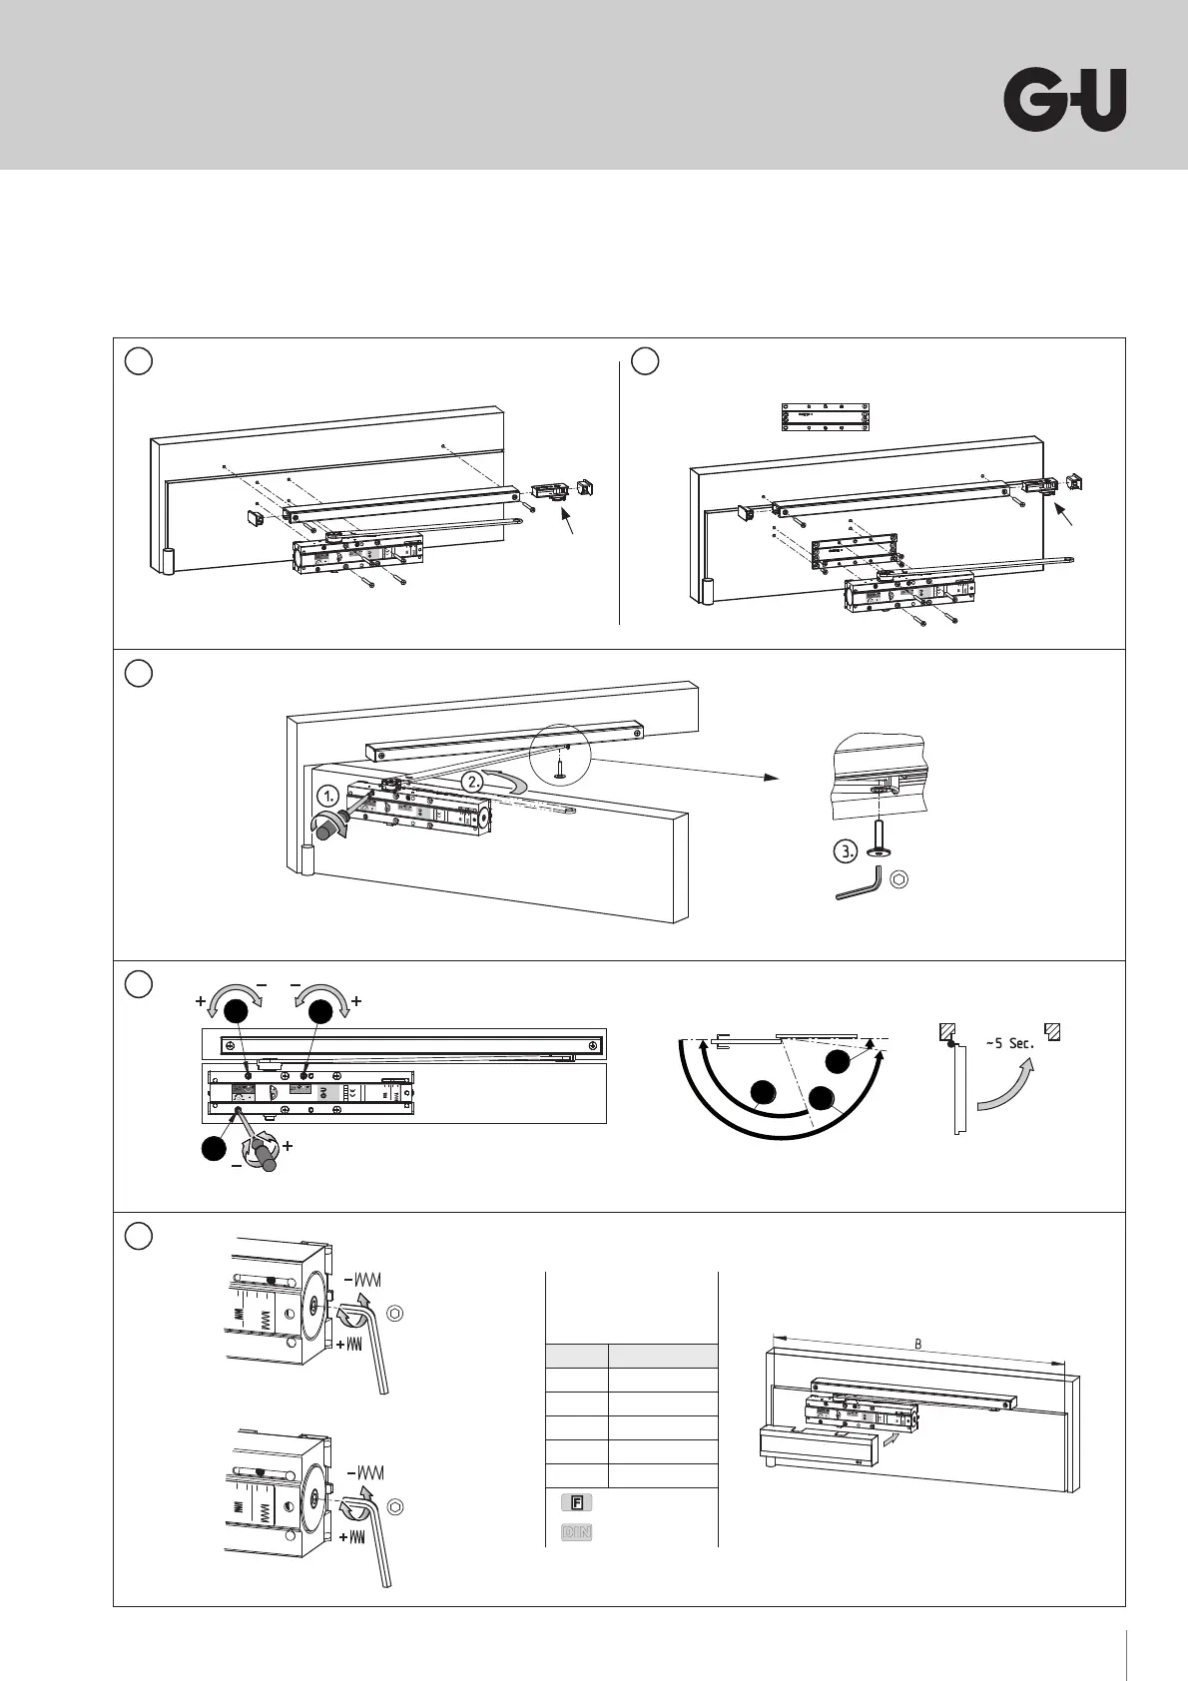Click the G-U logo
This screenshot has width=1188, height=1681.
(x=1064, y=100)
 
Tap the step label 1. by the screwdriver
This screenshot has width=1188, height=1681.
(x=330, y=796)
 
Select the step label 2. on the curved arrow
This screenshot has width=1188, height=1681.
(x=472, y=781)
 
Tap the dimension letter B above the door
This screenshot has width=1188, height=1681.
(x=918, y=1343)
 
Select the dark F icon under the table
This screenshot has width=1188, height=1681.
(x=577, y=1500)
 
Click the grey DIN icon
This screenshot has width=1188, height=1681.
(x=577, y=1531)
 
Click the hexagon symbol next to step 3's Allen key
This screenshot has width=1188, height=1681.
(x=899, y=879)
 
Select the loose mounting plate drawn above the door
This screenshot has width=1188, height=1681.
(x=824, y=417)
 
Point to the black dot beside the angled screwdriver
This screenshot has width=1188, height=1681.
(x=213, y=1149)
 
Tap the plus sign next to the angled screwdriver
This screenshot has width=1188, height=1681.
(x=288, y=1147)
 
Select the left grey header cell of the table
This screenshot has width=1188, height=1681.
(x=577, y=1356)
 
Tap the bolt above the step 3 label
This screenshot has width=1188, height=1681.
(x=875, y=831)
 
